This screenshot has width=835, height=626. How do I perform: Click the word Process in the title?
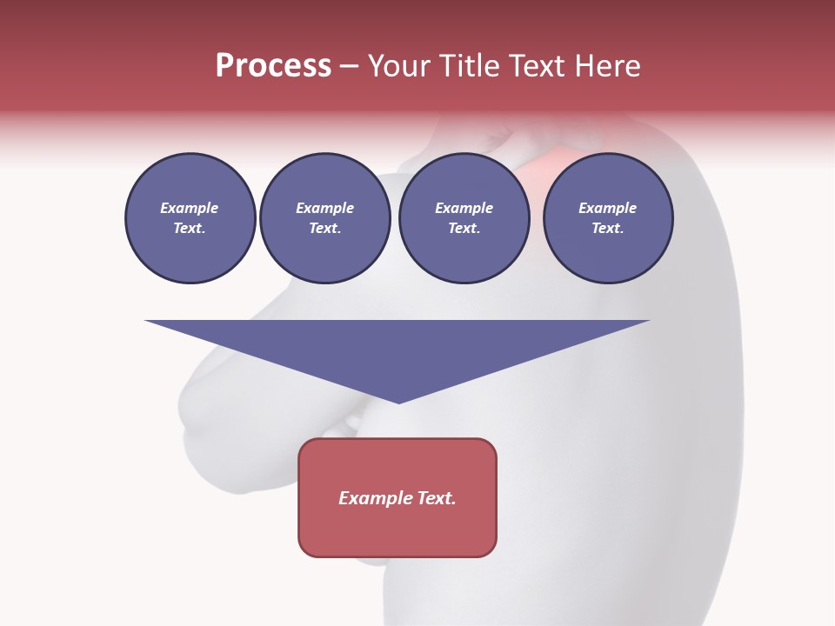pyautogui.click(x=273, y=66)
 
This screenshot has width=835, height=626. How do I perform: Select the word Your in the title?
pyautogui.click(x=399, y=66)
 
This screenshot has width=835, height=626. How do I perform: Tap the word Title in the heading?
pyautogui.click(x=469, y=66)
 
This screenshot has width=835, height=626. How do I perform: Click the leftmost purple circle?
pyautogui.click(x=190, y=218)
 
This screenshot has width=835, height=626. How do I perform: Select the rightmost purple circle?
pyautogui.click(x=608, y=218)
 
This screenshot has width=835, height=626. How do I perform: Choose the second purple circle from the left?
pyautogui.click(x=325, y=218)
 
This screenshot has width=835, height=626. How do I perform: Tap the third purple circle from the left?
pyautogui.click(x=464, y=218)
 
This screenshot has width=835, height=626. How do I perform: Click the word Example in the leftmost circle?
pyautogui.click(x=190, y=208)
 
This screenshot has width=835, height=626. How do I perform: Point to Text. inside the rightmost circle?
pyautogui.click(x=608, y=229)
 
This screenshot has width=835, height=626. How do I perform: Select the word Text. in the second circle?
pyautogui.click(x=325, y=229)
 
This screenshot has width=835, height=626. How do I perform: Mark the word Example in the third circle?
pyautogui.click(x=464, y=208)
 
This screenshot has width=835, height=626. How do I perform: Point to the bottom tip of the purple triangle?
pyautogui.click(x=398, y=402)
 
